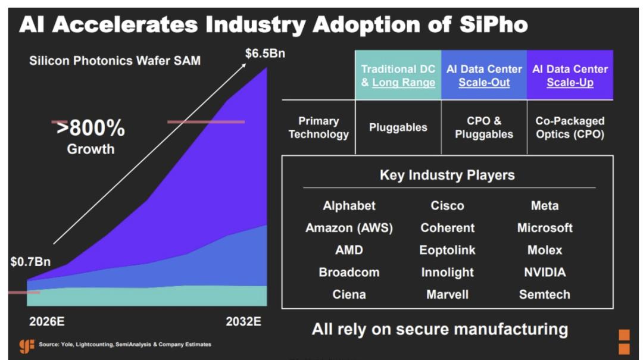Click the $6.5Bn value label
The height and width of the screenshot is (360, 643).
[x=265, y=54]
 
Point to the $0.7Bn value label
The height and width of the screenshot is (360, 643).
[x=30, y=261]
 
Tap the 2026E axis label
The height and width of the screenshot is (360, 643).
[x=47, y=322]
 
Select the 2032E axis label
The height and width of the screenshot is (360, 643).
[x=244, y=322]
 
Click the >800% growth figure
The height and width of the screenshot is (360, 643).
[x=90, y=128]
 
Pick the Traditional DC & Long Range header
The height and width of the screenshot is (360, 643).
[x=398, y=76]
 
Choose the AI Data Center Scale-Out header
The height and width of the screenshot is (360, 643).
[x=484, y=76]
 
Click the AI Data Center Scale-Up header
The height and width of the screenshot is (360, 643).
[x=570, y=76]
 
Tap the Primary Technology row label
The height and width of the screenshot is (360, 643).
[x=319, y=127]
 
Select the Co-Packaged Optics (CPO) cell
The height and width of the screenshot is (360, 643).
[x=570, y=127]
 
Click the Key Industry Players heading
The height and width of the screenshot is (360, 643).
[x=447, y=175]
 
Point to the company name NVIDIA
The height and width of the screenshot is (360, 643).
[x=544, y=272]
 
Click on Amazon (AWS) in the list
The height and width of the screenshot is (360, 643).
[x=349, y=228]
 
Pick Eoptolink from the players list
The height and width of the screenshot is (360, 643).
[x=447, y=250]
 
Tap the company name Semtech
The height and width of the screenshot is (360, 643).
[x=544, y=294]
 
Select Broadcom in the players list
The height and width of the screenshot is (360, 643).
[x=349, y=272]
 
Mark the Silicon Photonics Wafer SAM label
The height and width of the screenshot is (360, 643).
[x=115, y=61]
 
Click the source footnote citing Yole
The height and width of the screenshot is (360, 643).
[x=125, y=345]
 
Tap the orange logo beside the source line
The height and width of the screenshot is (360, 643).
[x=27, y=346]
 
